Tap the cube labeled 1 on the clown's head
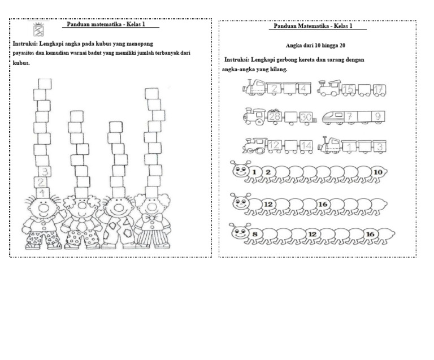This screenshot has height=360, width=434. coord(43,194)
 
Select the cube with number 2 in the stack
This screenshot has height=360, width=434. coord(41,183)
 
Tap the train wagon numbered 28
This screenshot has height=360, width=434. coord(276,117)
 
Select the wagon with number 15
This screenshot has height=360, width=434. coord(349,88)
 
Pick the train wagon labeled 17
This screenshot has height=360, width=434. coord(379,88)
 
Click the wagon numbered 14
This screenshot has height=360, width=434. coord(306,146)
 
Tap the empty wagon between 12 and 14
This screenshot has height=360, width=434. coord(291,146)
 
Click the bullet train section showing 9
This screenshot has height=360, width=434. coord(377,117)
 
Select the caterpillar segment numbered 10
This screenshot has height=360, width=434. coord(378,172)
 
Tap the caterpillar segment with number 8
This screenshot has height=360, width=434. coord(255,233)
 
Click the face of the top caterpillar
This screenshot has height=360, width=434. coord(240,172)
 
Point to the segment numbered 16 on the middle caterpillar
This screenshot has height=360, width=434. coord(323,203)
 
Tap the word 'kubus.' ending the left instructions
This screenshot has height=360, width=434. coord(21,63)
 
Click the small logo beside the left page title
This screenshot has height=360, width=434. coord(40,30)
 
